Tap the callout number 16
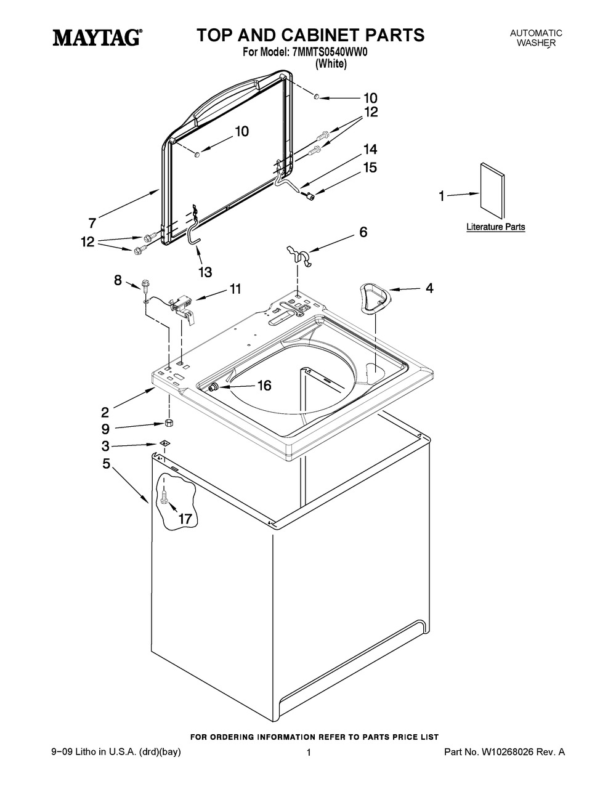[264, 385]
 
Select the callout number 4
[429, 288]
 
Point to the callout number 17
[185, 519]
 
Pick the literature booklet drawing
[492, 191]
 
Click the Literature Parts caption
[495, 227]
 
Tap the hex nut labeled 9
[168, 423]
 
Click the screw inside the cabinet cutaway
[164, 498]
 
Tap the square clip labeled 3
[164, 443]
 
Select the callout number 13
[205, 272]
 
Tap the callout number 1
[442, 196]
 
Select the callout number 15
[370, 168]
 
